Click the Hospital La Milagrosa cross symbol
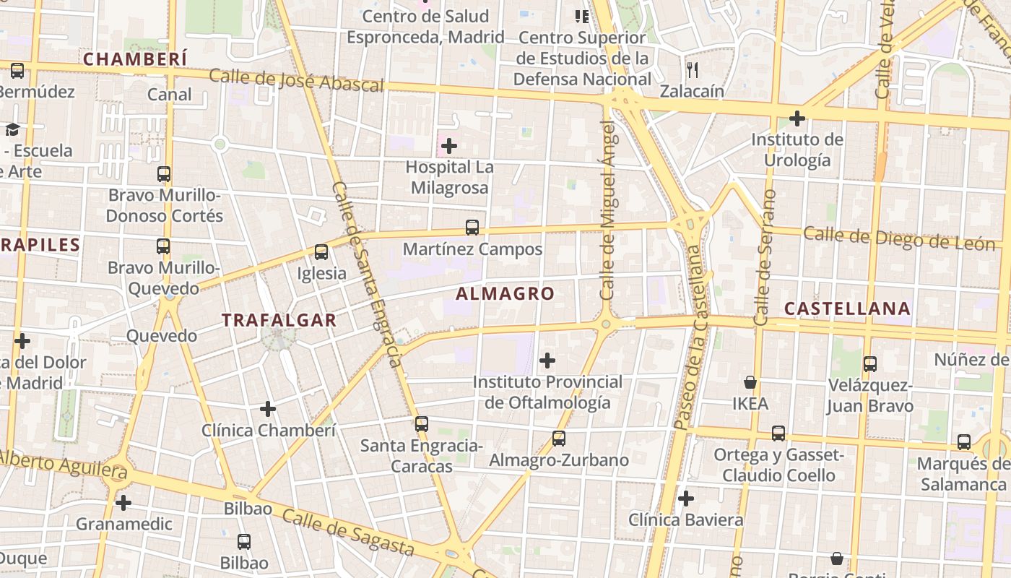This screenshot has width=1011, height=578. point(449,146)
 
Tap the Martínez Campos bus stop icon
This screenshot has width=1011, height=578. point(472,228)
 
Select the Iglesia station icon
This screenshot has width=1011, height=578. point(321,252)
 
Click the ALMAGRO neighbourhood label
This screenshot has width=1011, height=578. point(505,294)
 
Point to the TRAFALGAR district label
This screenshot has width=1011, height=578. point(279,320)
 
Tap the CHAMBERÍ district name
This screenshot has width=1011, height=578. point(135,59)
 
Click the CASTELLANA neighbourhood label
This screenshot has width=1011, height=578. point(847,309)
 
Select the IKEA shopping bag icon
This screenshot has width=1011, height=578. point(750,382)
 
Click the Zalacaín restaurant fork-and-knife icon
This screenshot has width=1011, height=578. point(693,69)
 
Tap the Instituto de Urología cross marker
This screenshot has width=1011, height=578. point(797,118)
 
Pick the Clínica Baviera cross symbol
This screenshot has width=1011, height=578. point(686,499)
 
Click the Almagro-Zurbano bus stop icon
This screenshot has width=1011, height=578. point(558,438)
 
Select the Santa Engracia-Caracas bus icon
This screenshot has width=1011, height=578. point(422,424)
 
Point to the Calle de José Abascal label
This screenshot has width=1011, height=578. point(296,81)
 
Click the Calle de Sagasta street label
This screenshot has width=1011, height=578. point(348,532)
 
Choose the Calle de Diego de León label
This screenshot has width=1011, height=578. point(898,239)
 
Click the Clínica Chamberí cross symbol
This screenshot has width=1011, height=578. point(268,409)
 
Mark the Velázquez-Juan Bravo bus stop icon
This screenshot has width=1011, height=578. point(870,364)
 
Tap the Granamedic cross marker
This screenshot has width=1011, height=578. point(123,502)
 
